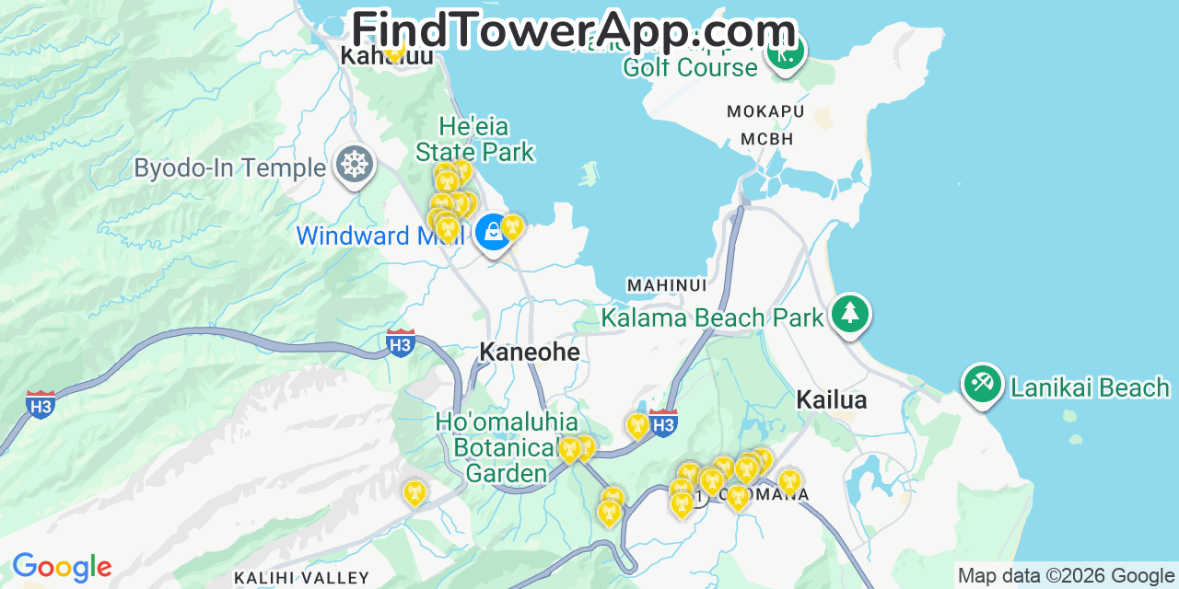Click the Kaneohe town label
[530, 352]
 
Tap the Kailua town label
[831, 400]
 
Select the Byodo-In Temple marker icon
[355, 165]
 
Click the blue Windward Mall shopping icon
[494, 232]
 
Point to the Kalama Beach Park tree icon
[849, 314]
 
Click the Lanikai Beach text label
[1090, 387]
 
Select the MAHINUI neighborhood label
[667, 286]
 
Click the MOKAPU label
[765, 112]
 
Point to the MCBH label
[766, 140]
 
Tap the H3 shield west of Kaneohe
[400, 343]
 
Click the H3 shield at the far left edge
[40, 404]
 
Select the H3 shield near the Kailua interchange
[663, 422]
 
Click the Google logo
[62, 567]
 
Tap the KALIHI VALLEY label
[301, 578]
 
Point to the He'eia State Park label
[474, 139]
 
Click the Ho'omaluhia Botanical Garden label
[507, 447]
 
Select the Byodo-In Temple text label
[229, 168]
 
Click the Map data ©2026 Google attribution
[1066, 576]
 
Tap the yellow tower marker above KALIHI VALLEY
[415, 492]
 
